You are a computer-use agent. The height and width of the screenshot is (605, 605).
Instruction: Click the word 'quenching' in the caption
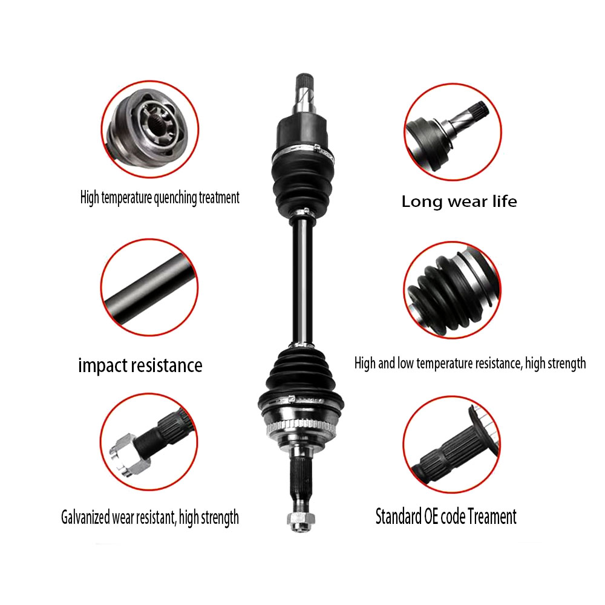pyautogui.click(x=175, y=198)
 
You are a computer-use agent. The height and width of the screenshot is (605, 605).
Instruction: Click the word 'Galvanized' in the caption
pyautogui.click(x=85, y=517)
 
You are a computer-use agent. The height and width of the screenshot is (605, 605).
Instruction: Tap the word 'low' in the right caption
pyautogui.click(x=406, y=363)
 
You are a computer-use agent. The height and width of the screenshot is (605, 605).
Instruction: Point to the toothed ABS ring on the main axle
pyautogui.click(x=301, y=426)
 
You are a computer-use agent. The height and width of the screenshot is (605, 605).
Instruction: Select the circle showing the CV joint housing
pyautogui.click(x=149, y=129)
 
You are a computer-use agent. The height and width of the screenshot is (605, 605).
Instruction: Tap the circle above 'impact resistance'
pyautogui.click(x=149, y=287)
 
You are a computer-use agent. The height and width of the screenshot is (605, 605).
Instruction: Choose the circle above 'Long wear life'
pyautogui.click(x=453, y=132)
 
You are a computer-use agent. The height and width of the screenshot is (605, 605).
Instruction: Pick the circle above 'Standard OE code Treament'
pyautogui.click(x=451, y=443)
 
